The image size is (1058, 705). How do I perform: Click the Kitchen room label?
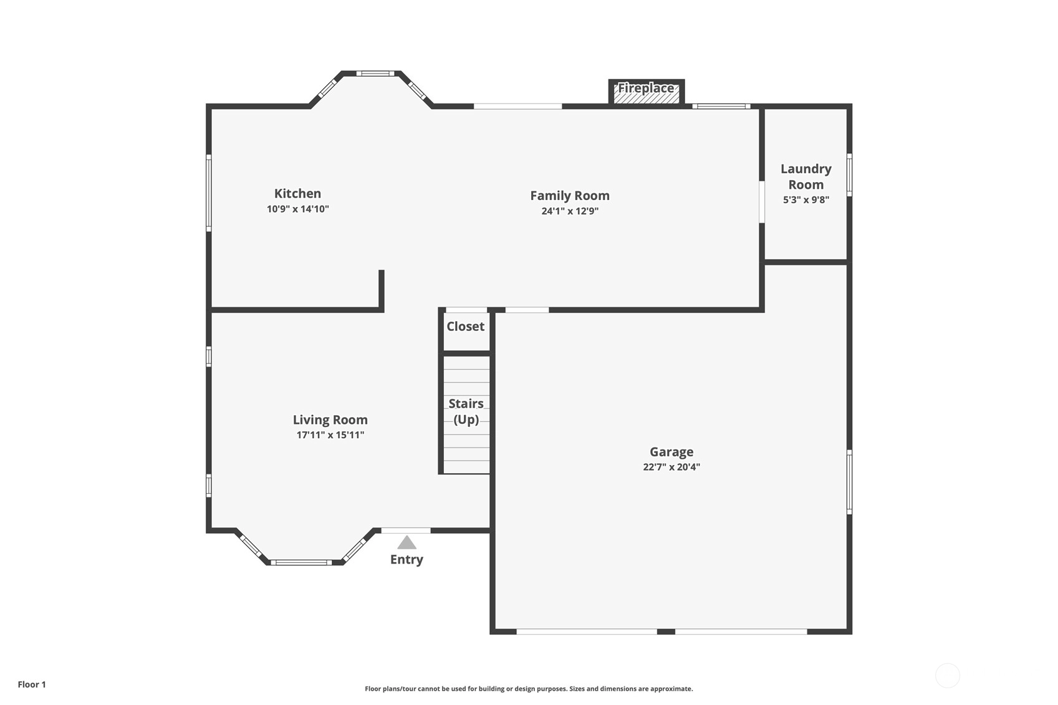(x=297, y=194)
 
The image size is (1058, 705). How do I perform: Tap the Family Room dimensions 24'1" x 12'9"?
(x=570, y=211)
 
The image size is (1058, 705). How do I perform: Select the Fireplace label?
(x=646, y=89)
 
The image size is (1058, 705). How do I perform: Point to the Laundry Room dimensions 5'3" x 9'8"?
(x=806, y=199)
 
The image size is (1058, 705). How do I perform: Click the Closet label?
(x=465, y=326)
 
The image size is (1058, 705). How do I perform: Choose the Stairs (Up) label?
(x=466, y=411)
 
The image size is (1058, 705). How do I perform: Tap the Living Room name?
(x=330, y=420)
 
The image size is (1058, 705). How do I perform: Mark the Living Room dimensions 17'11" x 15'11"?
(x=330, y=435)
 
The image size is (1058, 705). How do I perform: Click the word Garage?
(x=671, y=453)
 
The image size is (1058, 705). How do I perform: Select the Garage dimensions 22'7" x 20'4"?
(x=671, y=467)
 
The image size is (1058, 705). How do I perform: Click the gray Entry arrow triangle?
(x=406, y=542)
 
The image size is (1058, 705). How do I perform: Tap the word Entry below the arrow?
(x=406, y=560)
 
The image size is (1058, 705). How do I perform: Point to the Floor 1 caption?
(x=32, y=684)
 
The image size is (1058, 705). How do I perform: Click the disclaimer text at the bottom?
(x=529, y=689)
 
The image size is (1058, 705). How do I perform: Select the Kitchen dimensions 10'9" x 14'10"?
(x=297, y=209)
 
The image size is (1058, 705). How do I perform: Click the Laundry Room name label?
(x=806, y=176)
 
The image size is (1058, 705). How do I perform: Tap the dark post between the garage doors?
(x=666, y=631)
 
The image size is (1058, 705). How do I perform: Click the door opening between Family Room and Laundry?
(x=762, y=201)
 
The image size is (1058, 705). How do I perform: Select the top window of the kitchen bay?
(x=375, y=73)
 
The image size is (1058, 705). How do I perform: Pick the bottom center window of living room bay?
(x=301, y=562)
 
